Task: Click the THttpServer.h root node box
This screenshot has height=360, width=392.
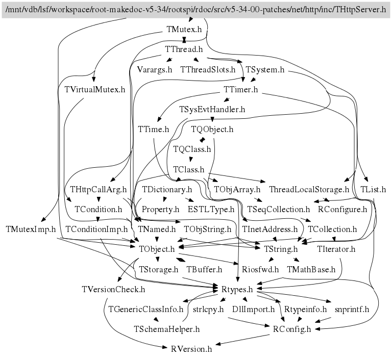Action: pyautogui.click(x=196, y=10)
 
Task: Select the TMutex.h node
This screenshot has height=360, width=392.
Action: pyautogui.click(x=184, y=30)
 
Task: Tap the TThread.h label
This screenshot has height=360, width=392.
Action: pyautogui.click(x=184, y=49)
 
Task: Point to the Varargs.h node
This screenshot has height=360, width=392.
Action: pyautogui.click(x=155, y=69)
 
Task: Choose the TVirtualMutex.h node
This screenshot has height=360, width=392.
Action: pyautogui.click(x=95, y=90)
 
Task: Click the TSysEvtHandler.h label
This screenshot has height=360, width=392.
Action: pyautogui.click(x=212, y=109)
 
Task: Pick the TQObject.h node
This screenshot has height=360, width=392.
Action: pyautogui.click(x=212, y=130)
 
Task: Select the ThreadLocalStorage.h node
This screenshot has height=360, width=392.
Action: pyautogui.click(x=309, y=189)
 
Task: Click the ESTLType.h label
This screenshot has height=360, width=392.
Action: pyautogui.click(x=211, y=209)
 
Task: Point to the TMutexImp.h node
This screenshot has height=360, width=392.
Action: pyautogui.click(x=31, y=229)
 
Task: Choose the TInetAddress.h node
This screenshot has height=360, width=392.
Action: pyautogui.click(x=270, y=229)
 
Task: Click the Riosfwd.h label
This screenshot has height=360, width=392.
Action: pyautogui.click(x=260, y=269)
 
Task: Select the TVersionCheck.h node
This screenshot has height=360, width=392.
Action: pyautogui.click(x=113, y=289)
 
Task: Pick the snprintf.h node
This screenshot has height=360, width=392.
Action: pyautogui.click(x=352, y=309)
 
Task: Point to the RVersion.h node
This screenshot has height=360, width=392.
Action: pyautogui.click(x=191, y=349)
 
